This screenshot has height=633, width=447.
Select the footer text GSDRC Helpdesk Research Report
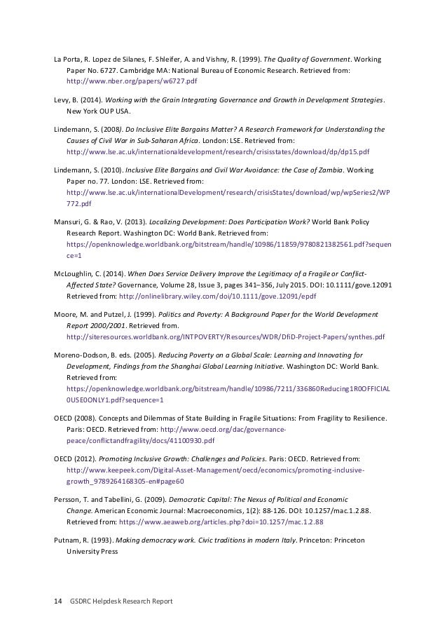121,601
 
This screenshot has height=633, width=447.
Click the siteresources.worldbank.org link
225,336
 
